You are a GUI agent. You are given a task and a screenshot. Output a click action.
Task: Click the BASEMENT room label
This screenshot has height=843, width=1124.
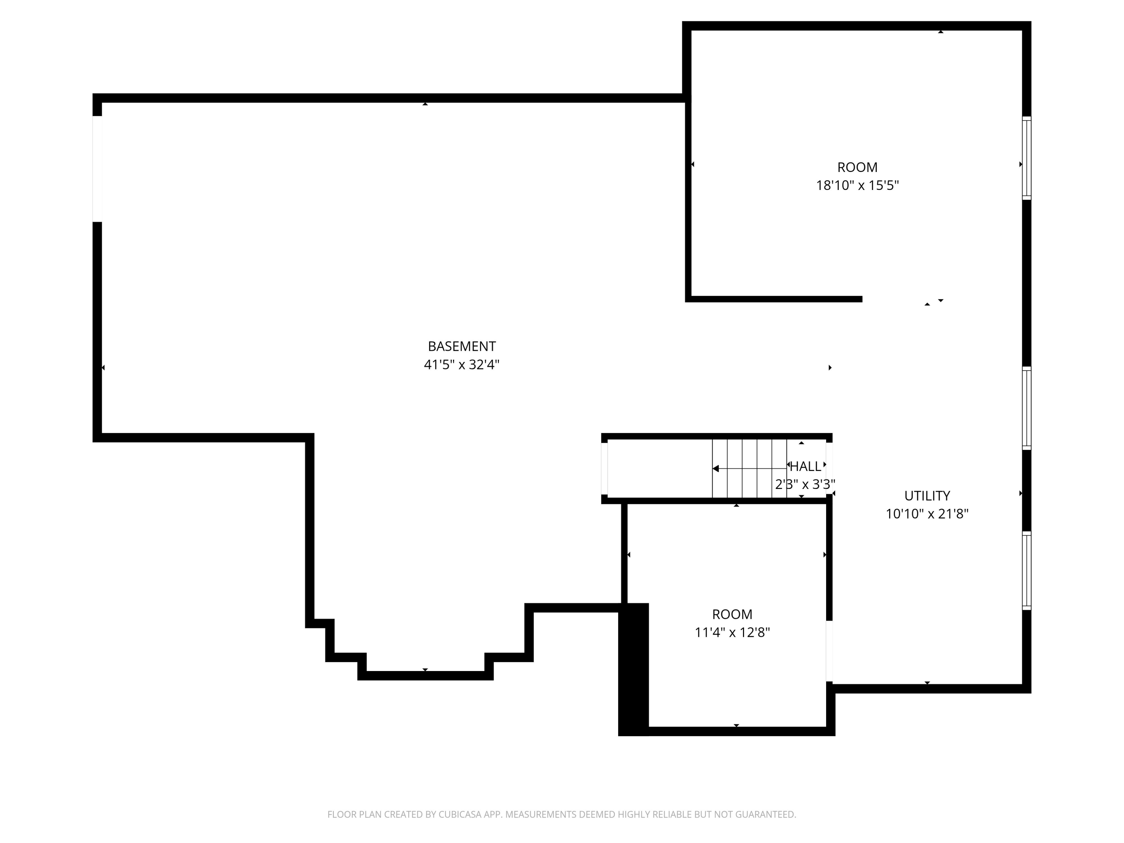coord(461,346)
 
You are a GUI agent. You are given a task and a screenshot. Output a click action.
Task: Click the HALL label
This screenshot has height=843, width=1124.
coord(806,466)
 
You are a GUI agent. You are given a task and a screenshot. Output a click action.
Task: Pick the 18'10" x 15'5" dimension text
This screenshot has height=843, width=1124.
coord(857,185)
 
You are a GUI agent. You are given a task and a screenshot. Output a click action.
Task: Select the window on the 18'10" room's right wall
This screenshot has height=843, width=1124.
coord(1027,158)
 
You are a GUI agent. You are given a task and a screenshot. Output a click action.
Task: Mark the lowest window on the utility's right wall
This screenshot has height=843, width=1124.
coord(1027,571)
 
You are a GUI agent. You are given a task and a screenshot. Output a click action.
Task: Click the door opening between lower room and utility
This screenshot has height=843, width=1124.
coord(829,651)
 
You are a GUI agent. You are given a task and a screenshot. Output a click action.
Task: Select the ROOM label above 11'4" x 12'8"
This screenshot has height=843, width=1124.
coord(732,614)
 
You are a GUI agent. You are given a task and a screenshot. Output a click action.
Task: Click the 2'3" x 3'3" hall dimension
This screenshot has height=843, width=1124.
coord(805,484)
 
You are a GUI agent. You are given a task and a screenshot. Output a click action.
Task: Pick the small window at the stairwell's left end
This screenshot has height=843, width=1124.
coord(604,468)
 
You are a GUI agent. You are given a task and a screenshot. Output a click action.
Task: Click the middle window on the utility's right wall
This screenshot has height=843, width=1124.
coord(1027,408)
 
